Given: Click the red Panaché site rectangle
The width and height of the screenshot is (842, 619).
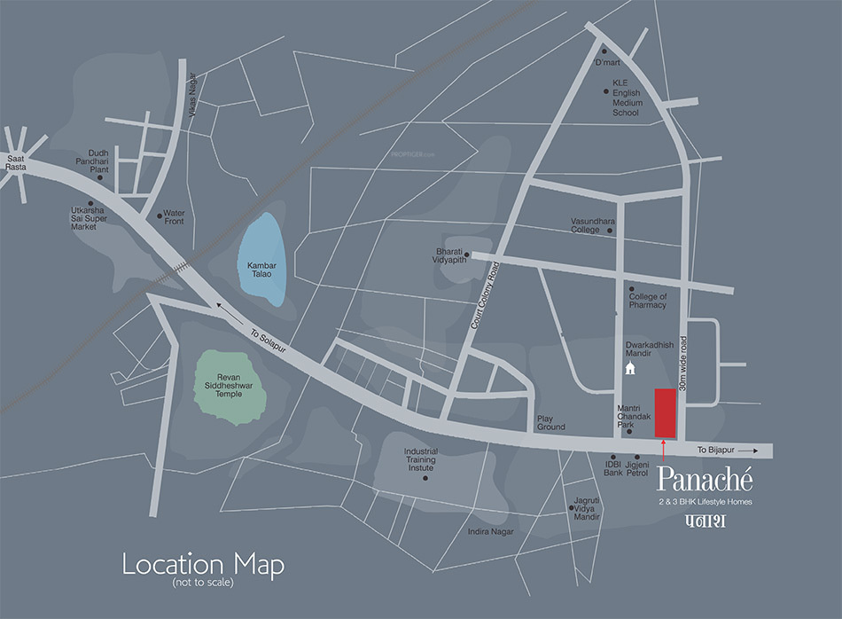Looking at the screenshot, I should click(x=665, y=412).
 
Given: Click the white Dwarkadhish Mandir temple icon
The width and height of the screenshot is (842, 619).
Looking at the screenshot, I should click(x=630, y=367).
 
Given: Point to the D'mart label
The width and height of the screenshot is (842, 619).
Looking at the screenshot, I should click(x=607, y=64).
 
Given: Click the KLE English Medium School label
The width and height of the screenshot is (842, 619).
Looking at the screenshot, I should click(x=626, y=98).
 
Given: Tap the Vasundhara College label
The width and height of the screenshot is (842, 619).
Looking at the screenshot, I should click(x=585, y=224).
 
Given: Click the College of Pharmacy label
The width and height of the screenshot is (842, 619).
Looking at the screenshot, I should click(x=648, y=301).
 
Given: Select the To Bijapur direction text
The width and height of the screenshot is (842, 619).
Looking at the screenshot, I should click(x=714, y=451).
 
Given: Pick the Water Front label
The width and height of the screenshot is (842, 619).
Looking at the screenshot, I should click(x=174, y=216).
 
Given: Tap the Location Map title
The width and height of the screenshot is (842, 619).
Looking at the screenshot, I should click(x=203, y=564).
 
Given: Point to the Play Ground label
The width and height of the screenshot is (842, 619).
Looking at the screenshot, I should click(x=550, y=423).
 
